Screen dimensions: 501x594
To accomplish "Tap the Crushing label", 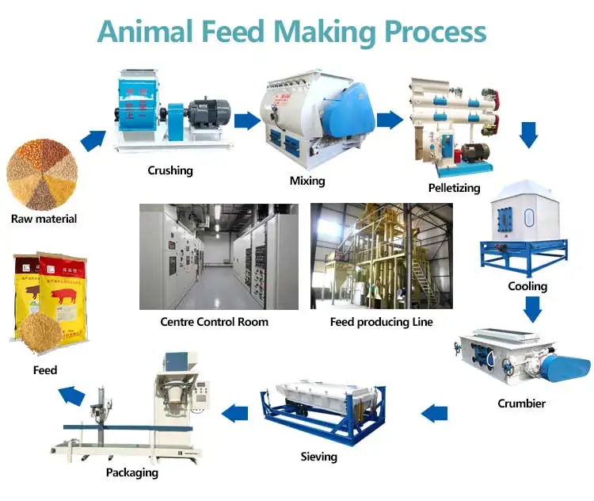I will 170,170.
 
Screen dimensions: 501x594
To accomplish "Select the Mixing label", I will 307,181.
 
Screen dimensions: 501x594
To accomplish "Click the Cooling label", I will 527,286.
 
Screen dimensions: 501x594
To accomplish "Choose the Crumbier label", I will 521,403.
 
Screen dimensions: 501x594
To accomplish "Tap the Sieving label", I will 318,456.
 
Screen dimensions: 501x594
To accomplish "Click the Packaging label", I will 132,472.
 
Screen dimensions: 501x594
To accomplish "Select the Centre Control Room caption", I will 214,322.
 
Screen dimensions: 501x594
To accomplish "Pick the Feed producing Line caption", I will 382,322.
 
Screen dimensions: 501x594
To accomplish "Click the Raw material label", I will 44,218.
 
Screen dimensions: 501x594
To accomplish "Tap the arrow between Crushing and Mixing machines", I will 247,120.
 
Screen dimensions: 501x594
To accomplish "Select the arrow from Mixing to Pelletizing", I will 389,120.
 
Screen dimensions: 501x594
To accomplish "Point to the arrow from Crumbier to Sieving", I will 434,412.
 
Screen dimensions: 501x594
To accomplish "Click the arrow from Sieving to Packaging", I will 234,412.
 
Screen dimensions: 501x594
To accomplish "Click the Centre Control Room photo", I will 219,256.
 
